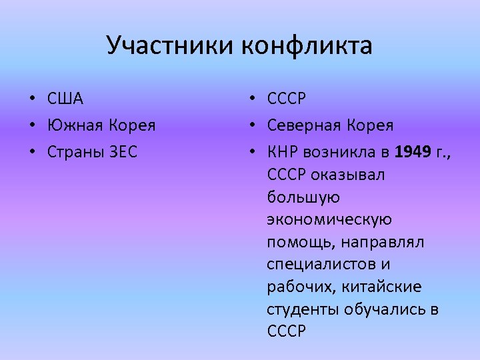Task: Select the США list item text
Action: [65, 99]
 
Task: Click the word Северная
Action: [307, 125]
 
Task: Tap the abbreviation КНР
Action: [283, 151]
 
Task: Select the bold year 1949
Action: [413, 151]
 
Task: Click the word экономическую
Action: [329, 220]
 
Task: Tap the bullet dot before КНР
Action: [250, 152]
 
